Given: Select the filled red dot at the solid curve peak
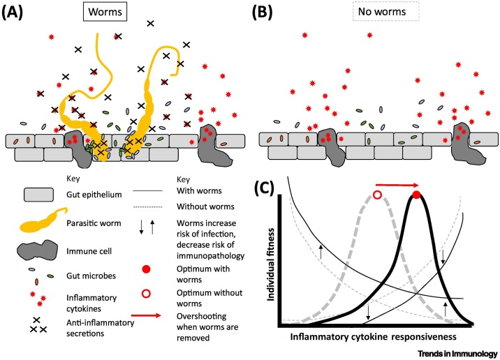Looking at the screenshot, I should (x=417, y=195).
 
